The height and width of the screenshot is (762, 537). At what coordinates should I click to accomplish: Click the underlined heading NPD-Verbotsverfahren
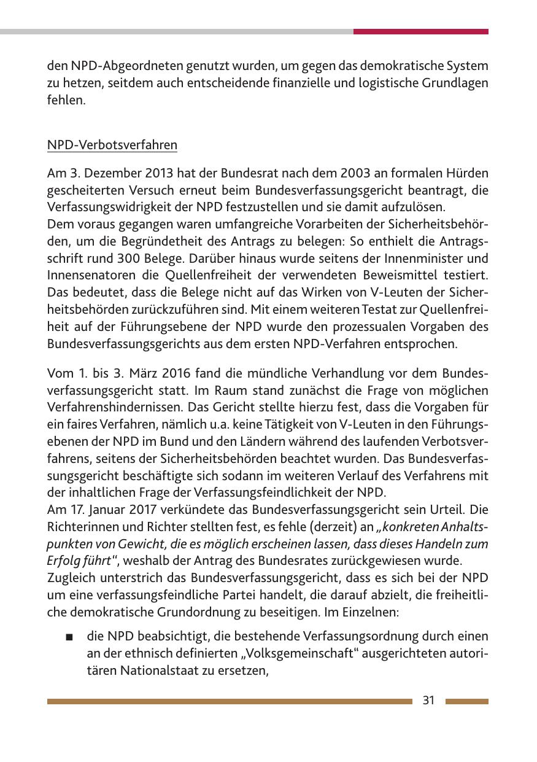112,146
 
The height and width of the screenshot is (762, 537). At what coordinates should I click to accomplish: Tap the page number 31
428,701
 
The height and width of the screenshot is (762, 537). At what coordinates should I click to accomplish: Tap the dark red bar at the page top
420,31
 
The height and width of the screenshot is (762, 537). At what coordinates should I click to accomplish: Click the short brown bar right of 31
467,701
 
